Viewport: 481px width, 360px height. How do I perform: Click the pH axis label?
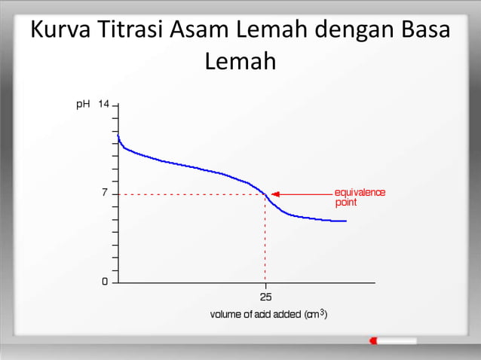[x=84, y=104]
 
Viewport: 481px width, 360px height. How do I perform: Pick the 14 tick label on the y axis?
[x=104, y=104]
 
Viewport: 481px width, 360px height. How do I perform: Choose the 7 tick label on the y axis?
[x=105, y=194]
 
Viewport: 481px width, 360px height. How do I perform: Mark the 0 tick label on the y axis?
[x=105, y=282]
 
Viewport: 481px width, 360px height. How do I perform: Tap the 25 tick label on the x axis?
[x=265, y=296]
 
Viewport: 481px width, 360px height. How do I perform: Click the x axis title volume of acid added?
[x=268, y=314]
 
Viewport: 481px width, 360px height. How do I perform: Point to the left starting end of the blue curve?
[x=118, y=136]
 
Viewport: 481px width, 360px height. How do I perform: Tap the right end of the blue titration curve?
[x=345, y=221]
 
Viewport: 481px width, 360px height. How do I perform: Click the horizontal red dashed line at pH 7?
[x=188, y=194]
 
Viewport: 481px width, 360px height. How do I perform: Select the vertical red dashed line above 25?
[x=265, y=241]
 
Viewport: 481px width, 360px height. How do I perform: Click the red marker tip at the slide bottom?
[x=373, y=341]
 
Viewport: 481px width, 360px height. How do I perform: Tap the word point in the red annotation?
[x=346, y=203]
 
